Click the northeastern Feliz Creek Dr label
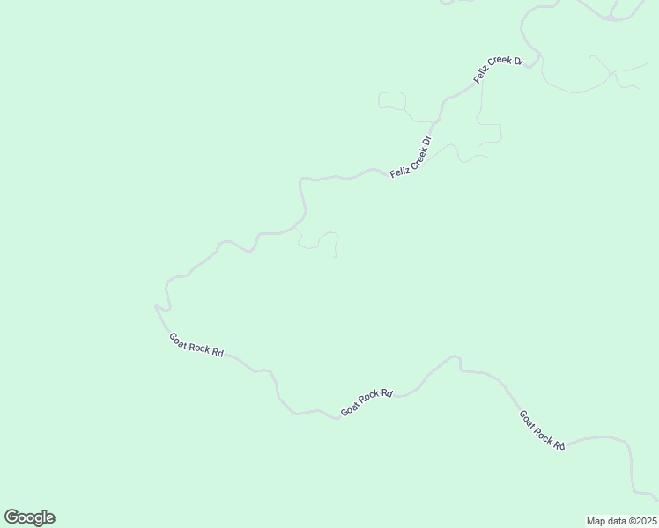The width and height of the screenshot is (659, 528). click(499, 70)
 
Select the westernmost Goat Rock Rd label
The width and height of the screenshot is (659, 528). click(196, 345)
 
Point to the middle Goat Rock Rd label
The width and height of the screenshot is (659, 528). click(367, 401)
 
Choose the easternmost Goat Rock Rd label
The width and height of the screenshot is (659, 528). click(541, 429)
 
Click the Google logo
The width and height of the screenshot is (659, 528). click(29, 517)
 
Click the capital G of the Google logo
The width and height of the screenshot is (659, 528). click(11, 517)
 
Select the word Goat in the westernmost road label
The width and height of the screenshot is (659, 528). click(180, 339)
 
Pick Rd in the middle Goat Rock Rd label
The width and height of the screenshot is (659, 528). click(385, 394)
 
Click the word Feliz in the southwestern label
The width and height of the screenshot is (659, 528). click(398, 171)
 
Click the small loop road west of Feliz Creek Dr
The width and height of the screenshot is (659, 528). click(392, 102)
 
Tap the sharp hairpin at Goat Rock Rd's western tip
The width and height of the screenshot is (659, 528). click(157, 306)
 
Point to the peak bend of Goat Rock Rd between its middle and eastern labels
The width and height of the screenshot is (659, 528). click(456, 356)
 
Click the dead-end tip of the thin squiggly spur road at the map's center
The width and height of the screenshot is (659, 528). click(336, 257)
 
